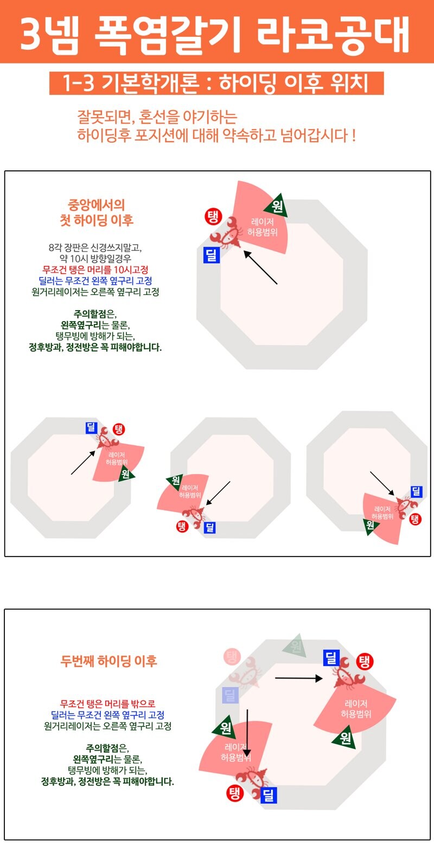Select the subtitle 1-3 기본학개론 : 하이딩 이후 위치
216,84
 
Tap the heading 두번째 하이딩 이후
108,661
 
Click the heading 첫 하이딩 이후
96,220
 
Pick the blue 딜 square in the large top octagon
211,255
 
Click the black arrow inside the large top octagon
260,267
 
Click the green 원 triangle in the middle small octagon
175,481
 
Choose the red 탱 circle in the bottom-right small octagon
415,520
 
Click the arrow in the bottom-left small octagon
83,462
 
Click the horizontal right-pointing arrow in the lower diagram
298,678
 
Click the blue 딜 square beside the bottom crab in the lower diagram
269,796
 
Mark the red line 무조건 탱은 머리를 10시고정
95,270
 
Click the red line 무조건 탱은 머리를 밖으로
107,704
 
